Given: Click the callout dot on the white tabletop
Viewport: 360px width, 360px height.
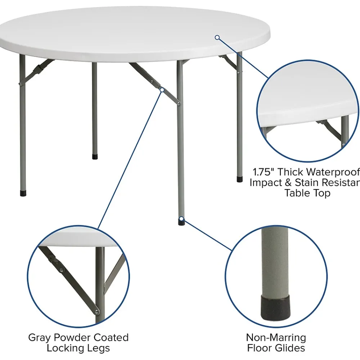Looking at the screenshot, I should pos(217,37).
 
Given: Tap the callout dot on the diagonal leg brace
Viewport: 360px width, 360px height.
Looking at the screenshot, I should pos(162,90).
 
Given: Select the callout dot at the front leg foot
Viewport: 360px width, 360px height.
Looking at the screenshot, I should pos(182,218).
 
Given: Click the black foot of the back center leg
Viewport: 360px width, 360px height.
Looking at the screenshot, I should pos(95,157).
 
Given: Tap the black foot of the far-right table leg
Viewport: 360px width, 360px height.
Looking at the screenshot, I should pos(239,179).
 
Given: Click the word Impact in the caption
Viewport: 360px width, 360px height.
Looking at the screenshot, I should pos(266,183).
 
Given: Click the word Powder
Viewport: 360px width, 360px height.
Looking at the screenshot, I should pos(69,338).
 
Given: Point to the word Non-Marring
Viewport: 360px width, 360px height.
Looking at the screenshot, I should pos(276,338).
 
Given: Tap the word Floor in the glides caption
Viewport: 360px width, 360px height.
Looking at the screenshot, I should pos(259,348).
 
